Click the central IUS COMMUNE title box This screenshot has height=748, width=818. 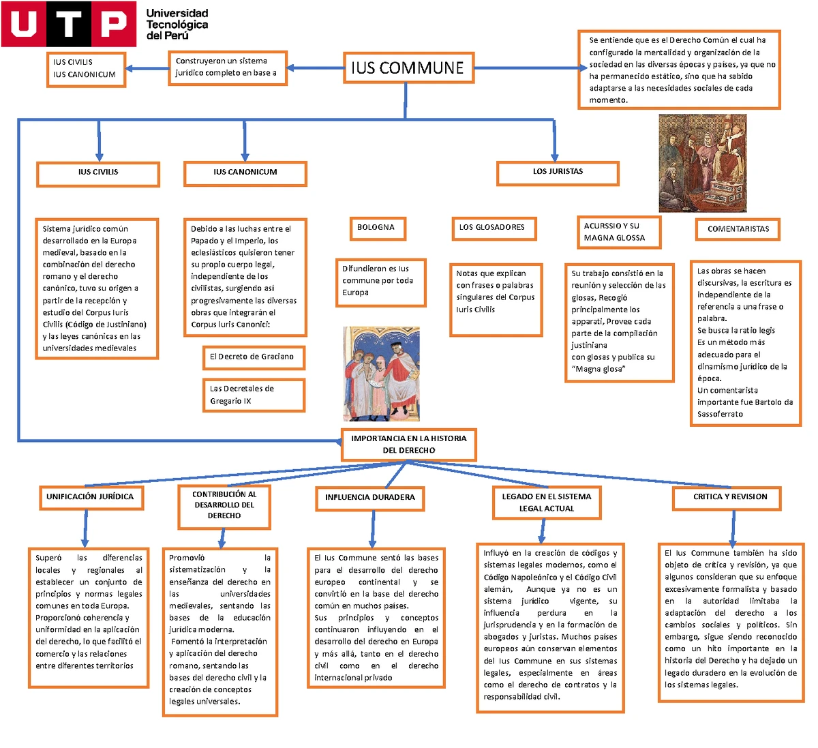click(408, 68)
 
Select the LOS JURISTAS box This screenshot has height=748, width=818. click(558, 173)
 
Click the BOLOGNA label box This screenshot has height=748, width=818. click(376, 228)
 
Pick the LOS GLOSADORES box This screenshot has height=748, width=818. click(492, 228)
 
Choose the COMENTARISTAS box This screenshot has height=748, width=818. click(738, 229)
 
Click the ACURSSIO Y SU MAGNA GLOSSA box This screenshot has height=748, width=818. click(618, 232)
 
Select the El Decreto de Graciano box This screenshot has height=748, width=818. click(252, 357)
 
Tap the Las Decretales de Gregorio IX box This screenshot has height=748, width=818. click(253, 395)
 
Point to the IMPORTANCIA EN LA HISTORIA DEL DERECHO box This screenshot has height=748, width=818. click(408, 445)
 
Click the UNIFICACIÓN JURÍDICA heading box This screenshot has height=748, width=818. click(90, 497)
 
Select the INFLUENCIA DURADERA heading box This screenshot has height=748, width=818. click(369, 498)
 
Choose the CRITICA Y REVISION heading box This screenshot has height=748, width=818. click(730, 497)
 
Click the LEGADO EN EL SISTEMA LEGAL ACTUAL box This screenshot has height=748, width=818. click(547, 503)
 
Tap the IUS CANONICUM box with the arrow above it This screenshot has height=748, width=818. click(245, 173)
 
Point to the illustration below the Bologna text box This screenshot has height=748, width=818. click(381, 374)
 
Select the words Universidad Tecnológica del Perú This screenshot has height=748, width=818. click(177, 24)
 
